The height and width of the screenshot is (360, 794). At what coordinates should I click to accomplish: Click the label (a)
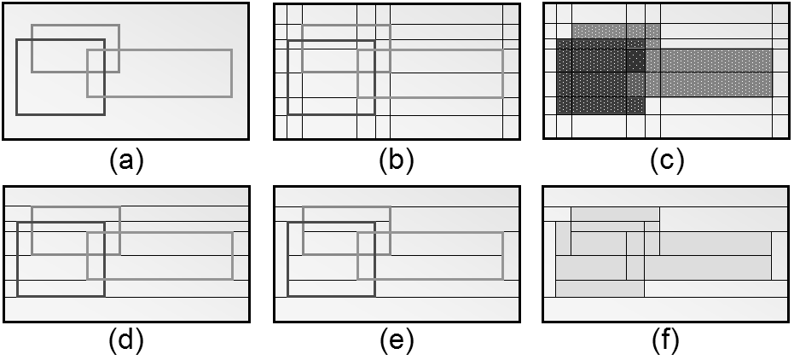[126, 160]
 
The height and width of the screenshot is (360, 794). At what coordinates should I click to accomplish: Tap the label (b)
[396, 160]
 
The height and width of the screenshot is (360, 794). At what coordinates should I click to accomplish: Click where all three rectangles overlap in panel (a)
[96, 61]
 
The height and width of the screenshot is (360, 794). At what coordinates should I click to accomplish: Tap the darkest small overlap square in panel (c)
[635, 61]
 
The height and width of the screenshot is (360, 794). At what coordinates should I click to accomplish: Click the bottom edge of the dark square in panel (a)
[60, 113]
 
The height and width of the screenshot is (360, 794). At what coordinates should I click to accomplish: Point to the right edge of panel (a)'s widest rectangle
[232, 73]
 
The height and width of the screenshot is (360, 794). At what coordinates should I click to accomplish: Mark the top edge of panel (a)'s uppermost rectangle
[75, 25]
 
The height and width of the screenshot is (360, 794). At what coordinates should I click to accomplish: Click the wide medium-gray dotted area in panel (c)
[716, 73]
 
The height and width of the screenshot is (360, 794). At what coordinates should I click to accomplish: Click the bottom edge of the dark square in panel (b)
[331, 113]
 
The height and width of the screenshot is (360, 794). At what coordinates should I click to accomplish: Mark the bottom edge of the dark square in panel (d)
[60, 296]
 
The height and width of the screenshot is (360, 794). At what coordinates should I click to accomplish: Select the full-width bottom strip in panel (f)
[666, 309]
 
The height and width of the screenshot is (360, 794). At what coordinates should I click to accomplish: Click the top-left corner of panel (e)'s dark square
[288, 223]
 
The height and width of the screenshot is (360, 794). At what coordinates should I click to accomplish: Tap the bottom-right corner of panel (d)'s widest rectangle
[232, 279]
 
